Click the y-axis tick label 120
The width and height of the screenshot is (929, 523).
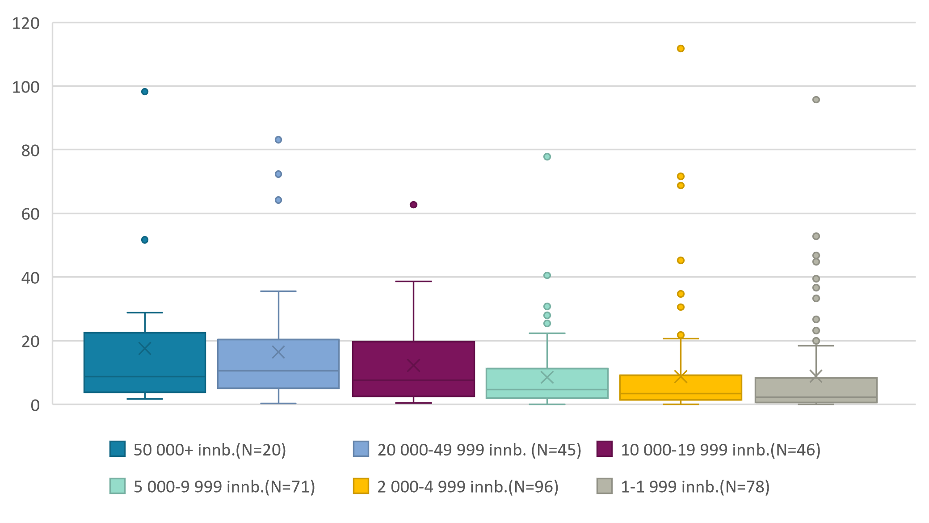pos(25,23)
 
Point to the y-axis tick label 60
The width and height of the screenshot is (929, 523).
pos(30,214)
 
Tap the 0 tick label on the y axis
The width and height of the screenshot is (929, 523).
pos(35,405)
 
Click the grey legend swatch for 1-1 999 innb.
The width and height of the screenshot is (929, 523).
pos(604,486)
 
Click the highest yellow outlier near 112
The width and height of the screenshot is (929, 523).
pos(681,48)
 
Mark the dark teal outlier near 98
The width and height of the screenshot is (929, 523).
pos(145,92)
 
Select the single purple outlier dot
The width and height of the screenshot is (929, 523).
pos(413,205)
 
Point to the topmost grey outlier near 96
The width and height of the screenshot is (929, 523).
pos(816,100)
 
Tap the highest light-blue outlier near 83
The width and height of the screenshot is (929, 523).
pos(278,140)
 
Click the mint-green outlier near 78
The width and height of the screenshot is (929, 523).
pos(547,156)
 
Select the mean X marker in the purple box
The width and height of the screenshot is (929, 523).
pos(413,366)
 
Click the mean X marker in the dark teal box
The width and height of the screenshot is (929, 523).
pos(145,348)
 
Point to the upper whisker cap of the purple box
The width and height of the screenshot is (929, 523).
pos(413,282)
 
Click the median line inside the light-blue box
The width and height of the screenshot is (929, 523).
pos(278,371)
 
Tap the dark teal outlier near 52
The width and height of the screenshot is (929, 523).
pos(145,240)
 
